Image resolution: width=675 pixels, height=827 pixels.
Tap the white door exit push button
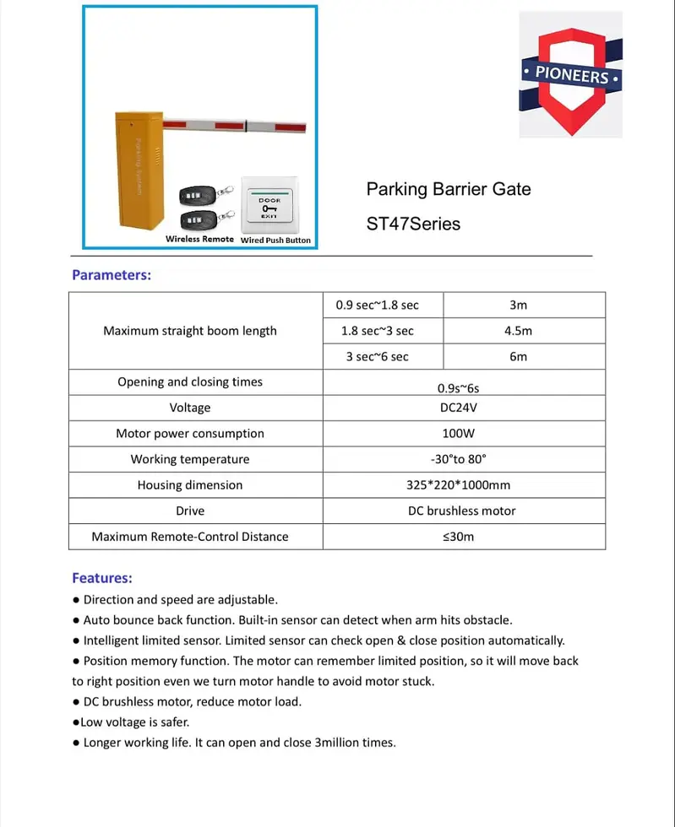269,205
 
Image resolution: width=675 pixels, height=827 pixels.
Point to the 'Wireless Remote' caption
199,239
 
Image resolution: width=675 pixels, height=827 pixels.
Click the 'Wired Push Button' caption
275,240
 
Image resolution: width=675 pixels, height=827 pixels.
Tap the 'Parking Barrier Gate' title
448,189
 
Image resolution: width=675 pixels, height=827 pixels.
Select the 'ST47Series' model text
413,224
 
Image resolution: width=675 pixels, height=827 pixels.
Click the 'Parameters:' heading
112,274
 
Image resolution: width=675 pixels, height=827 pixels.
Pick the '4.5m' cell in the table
518,331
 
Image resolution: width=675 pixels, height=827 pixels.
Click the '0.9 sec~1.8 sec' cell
377,305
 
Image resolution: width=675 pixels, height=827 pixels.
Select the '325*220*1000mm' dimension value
458,485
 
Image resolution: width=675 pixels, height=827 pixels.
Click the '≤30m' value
459,537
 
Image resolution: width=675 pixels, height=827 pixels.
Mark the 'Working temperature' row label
190,459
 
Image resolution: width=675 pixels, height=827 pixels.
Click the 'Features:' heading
102,578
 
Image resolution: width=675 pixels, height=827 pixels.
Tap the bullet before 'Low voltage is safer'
76,722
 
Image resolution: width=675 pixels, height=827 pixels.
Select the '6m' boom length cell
518,357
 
